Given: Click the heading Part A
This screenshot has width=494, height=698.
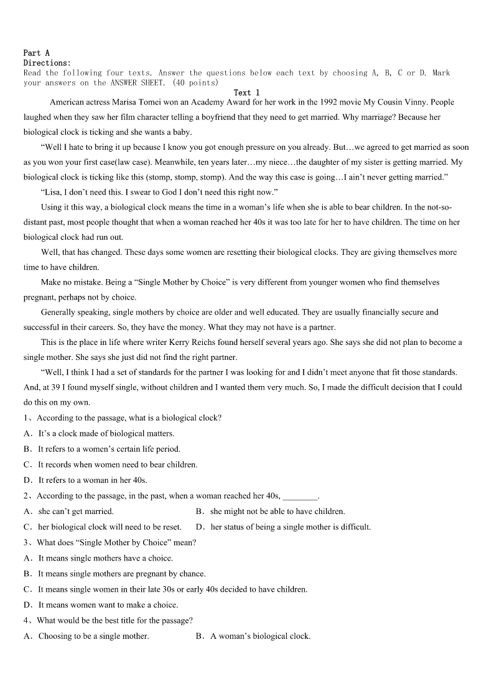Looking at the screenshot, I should (x=36, y=53).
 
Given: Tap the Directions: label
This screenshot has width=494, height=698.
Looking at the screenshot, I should (x=47, y=63).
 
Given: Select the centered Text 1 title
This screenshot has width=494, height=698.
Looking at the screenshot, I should (x=246, y=93).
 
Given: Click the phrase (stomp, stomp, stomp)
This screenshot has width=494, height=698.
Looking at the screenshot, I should (x=184, y=177).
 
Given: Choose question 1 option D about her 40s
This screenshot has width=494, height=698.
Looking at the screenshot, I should (x=92, y=480).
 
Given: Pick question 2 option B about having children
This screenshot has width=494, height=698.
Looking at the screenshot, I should (x=277, y=512).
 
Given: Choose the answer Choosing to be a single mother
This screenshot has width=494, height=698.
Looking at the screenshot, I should (x=93, y=636).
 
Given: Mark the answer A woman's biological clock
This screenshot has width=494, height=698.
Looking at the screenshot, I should (x=260, y=636).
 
